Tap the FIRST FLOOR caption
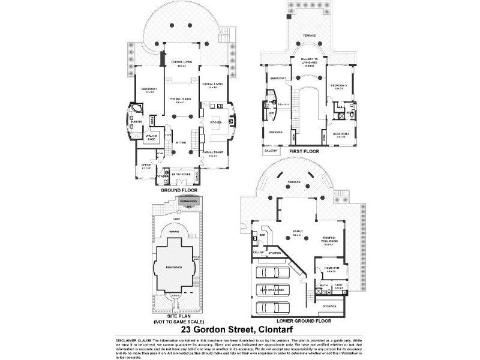304,152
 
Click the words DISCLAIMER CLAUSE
128,340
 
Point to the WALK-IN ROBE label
151,138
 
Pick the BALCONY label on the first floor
271,150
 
